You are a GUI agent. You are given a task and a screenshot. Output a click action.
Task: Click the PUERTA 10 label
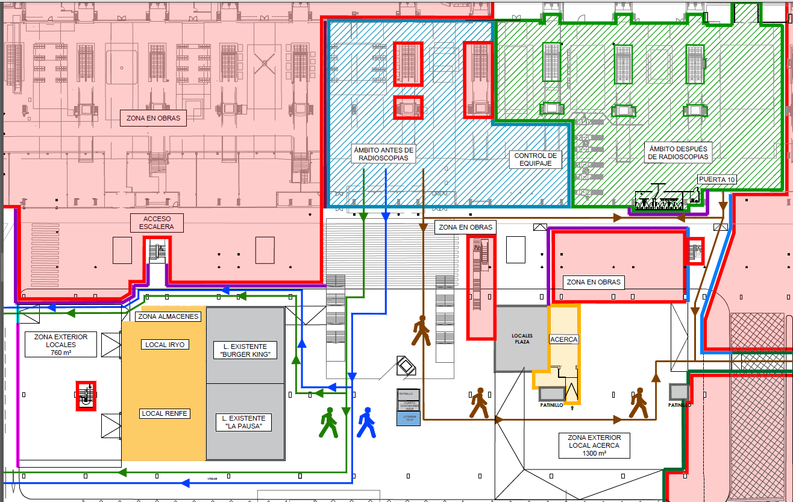(717, 180)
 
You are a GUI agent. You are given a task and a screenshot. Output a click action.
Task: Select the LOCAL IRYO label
(165, 345)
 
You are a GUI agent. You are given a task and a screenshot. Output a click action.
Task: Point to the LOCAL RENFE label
(165, 413)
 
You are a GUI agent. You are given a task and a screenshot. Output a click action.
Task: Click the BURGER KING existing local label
(245, 350)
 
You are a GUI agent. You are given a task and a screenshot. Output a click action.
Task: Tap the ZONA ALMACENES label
(168, 316)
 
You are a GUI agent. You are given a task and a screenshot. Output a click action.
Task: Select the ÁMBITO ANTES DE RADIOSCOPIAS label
(384, 154)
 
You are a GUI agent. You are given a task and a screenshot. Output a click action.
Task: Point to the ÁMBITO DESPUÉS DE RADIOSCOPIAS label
(679, 152)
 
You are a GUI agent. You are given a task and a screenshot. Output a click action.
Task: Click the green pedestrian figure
(328, 422)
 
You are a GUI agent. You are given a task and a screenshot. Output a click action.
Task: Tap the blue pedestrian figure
(366, 422)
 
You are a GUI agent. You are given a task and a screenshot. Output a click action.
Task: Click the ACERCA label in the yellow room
(564, 339)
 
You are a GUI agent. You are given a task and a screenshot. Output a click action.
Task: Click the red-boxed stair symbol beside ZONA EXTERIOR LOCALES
(86, 395)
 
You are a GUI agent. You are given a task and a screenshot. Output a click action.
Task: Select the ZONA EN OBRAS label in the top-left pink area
(153, 118)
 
